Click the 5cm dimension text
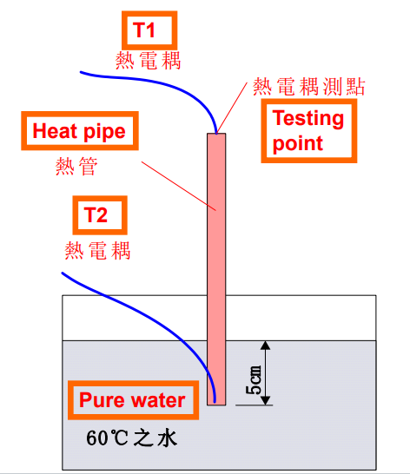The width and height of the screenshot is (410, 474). point(254,379)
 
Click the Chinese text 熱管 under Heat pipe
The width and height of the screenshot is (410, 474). point(76,167)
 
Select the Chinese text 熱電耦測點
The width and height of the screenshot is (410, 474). point(309,87)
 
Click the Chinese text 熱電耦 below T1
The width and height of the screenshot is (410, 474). point(148,61)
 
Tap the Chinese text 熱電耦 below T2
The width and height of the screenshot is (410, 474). point(97,250)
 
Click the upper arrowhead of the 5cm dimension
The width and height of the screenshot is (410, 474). point(265,346)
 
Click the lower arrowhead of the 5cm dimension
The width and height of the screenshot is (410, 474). point(265,400)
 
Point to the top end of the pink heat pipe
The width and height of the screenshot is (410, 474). point(216,134)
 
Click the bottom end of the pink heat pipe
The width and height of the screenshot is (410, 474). point(216,405)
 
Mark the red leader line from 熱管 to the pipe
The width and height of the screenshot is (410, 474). point(179,186)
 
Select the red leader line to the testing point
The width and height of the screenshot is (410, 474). point(232,108)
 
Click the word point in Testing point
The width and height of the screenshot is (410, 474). point(298,144)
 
